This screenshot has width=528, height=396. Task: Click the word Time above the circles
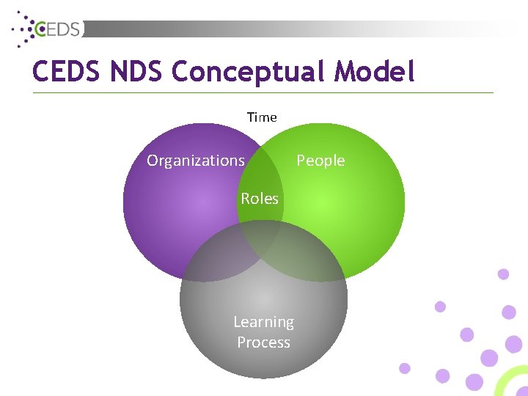[262, 117]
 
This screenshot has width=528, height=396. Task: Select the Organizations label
[196, 161]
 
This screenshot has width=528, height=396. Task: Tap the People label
[320, 161]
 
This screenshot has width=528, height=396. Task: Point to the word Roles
[260, 199]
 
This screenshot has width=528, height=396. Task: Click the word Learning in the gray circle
[263, 322]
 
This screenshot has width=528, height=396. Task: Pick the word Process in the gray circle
[263, 342]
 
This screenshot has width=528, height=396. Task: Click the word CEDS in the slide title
[67, 72]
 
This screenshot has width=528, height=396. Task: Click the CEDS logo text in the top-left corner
[62, 29]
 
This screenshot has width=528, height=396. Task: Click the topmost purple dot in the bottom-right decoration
[503, 274]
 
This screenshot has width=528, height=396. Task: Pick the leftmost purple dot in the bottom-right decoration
[404, 368]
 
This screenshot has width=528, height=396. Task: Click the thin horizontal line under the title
[263, 92]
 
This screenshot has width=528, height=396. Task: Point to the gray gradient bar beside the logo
[293, 29]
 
